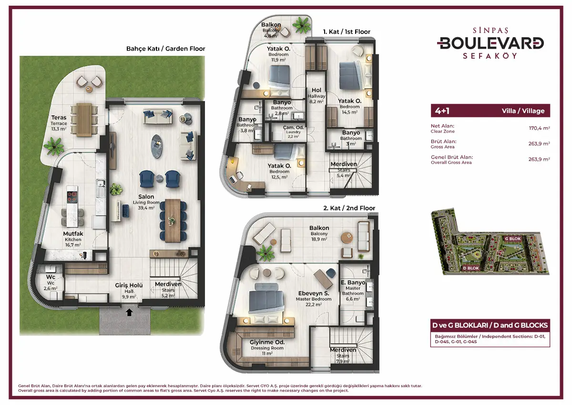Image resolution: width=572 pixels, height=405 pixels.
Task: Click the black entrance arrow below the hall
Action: [x=130, y=312]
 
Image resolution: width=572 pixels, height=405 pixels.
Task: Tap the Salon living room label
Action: [x=146, y=202]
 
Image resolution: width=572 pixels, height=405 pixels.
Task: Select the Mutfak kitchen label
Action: [x=73, y=239]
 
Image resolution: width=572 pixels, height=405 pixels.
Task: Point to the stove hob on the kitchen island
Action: [x=72, y=197]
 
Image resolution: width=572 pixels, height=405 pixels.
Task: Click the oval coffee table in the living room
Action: [x=157, y=146]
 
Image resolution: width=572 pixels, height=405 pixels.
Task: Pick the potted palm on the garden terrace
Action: [x=54, y=146]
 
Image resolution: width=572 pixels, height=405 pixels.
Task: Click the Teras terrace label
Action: [x=59, y=123]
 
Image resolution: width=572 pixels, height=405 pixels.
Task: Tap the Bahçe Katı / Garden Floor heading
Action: [x=166, y=49]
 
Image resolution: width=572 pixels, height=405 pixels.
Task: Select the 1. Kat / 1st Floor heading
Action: [x=347, y=31]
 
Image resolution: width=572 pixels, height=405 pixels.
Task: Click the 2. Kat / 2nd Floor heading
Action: [x=349, y=208]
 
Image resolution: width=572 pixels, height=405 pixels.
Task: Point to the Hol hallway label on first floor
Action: [x=317, y=95]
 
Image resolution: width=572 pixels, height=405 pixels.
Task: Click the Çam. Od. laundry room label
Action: [x=293, y=132]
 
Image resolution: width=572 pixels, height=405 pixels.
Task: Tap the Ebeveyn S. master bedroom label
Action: [x=314, y=299]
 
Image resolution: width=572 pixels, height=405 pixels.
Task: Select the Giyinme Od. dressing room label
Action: [x=267, y=347]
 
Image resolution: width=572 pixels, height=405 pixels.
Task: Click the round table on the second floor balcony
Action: [x=347, y=238]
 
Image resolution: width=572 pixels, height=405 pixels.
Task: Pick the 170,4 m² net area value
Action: [x=539, y=128]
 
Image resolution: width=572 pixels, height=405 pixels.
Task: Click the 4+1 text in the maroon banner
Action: [x=442, y=111]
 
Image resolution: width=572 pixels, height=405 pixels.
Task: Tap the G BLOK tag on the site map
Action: [x=513, y=239]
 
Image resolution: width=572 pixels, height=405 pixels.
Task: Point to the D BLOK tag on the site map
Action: [x=471, y=268]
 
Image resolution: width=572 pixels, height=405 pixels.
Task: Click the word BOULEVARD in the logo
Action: [x=490, y=43]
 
